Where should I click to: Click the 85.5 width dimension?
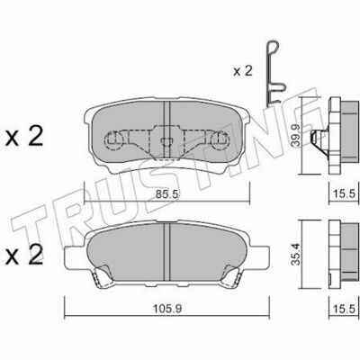click(x=167, y=194)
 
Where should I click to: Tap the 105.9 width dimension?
click(x=167, y=308)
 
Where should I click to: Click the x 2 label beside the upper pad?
click(x=24, y=138)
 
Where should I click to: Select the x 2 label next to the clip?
click(x=243, y=71)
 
